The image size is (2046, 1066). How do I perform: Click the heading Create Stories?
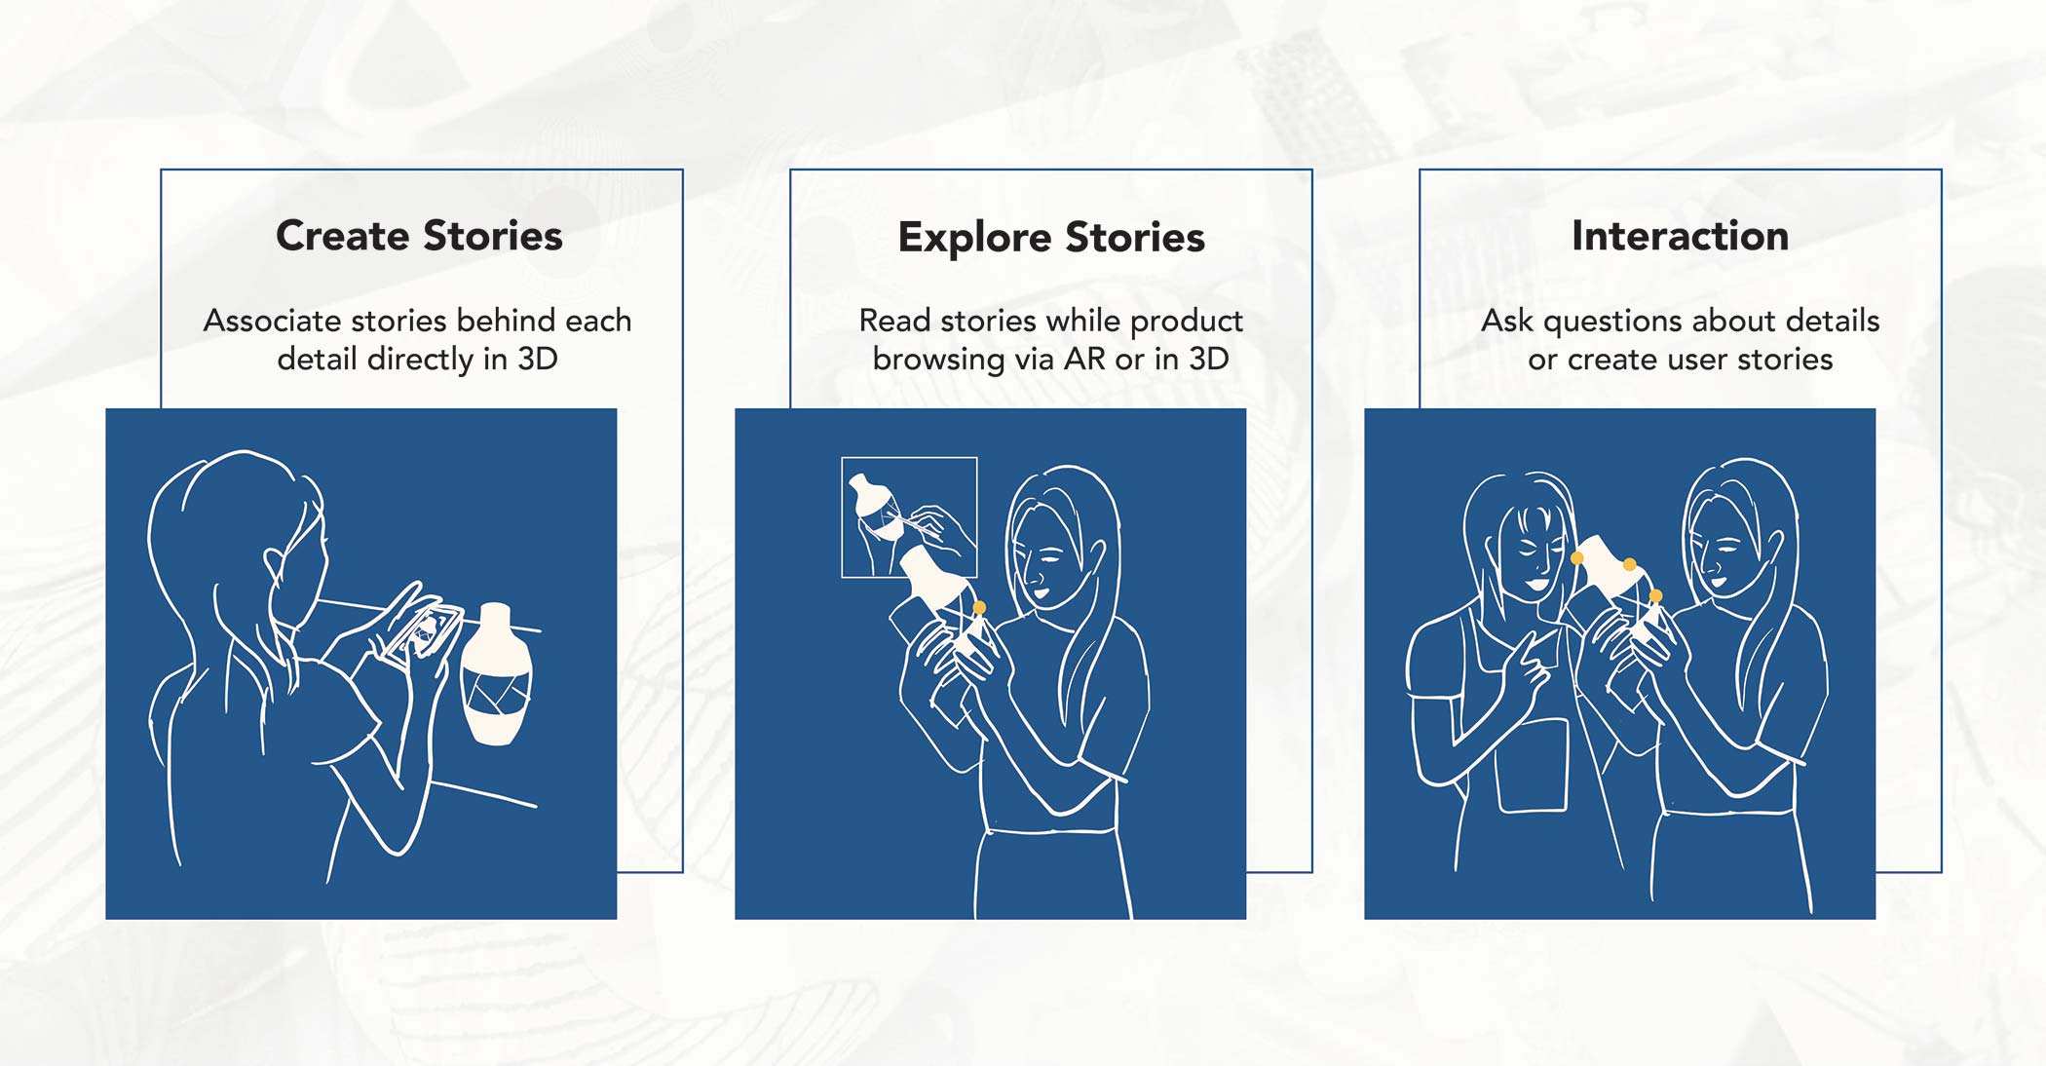tap(419, 236)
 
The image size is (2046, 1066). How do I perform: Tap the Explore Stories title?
tap(1051, 238)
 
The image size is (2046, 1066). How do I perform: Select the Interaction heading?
tap(1680, 236)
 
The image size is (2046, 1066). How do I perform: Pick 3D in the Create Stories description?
tap(537, 359)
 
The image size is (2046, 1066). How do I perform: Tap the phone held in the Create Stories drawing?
tap(420, 634)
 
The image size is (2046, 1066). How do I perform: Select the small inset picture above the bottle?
tap(909, 517)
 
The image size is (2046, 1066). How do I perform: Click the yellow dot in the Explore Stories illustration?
tap(979, 608)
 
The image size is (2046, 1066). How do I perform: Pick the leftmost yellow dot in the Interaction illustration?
tap(1576, 558)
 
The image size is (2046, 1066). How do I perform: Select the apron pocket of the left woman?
tap(1534, 765)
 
